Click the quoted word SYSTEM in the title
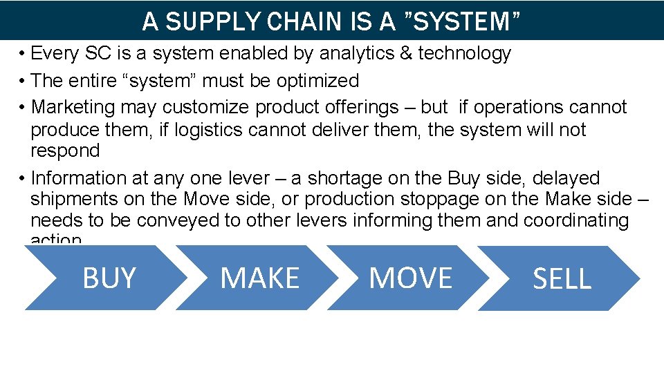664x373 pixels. [x=459, y=21]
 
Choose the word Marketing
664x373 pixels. [x=73, y=107]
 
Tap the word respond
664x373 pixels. [x=65, y=151]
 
